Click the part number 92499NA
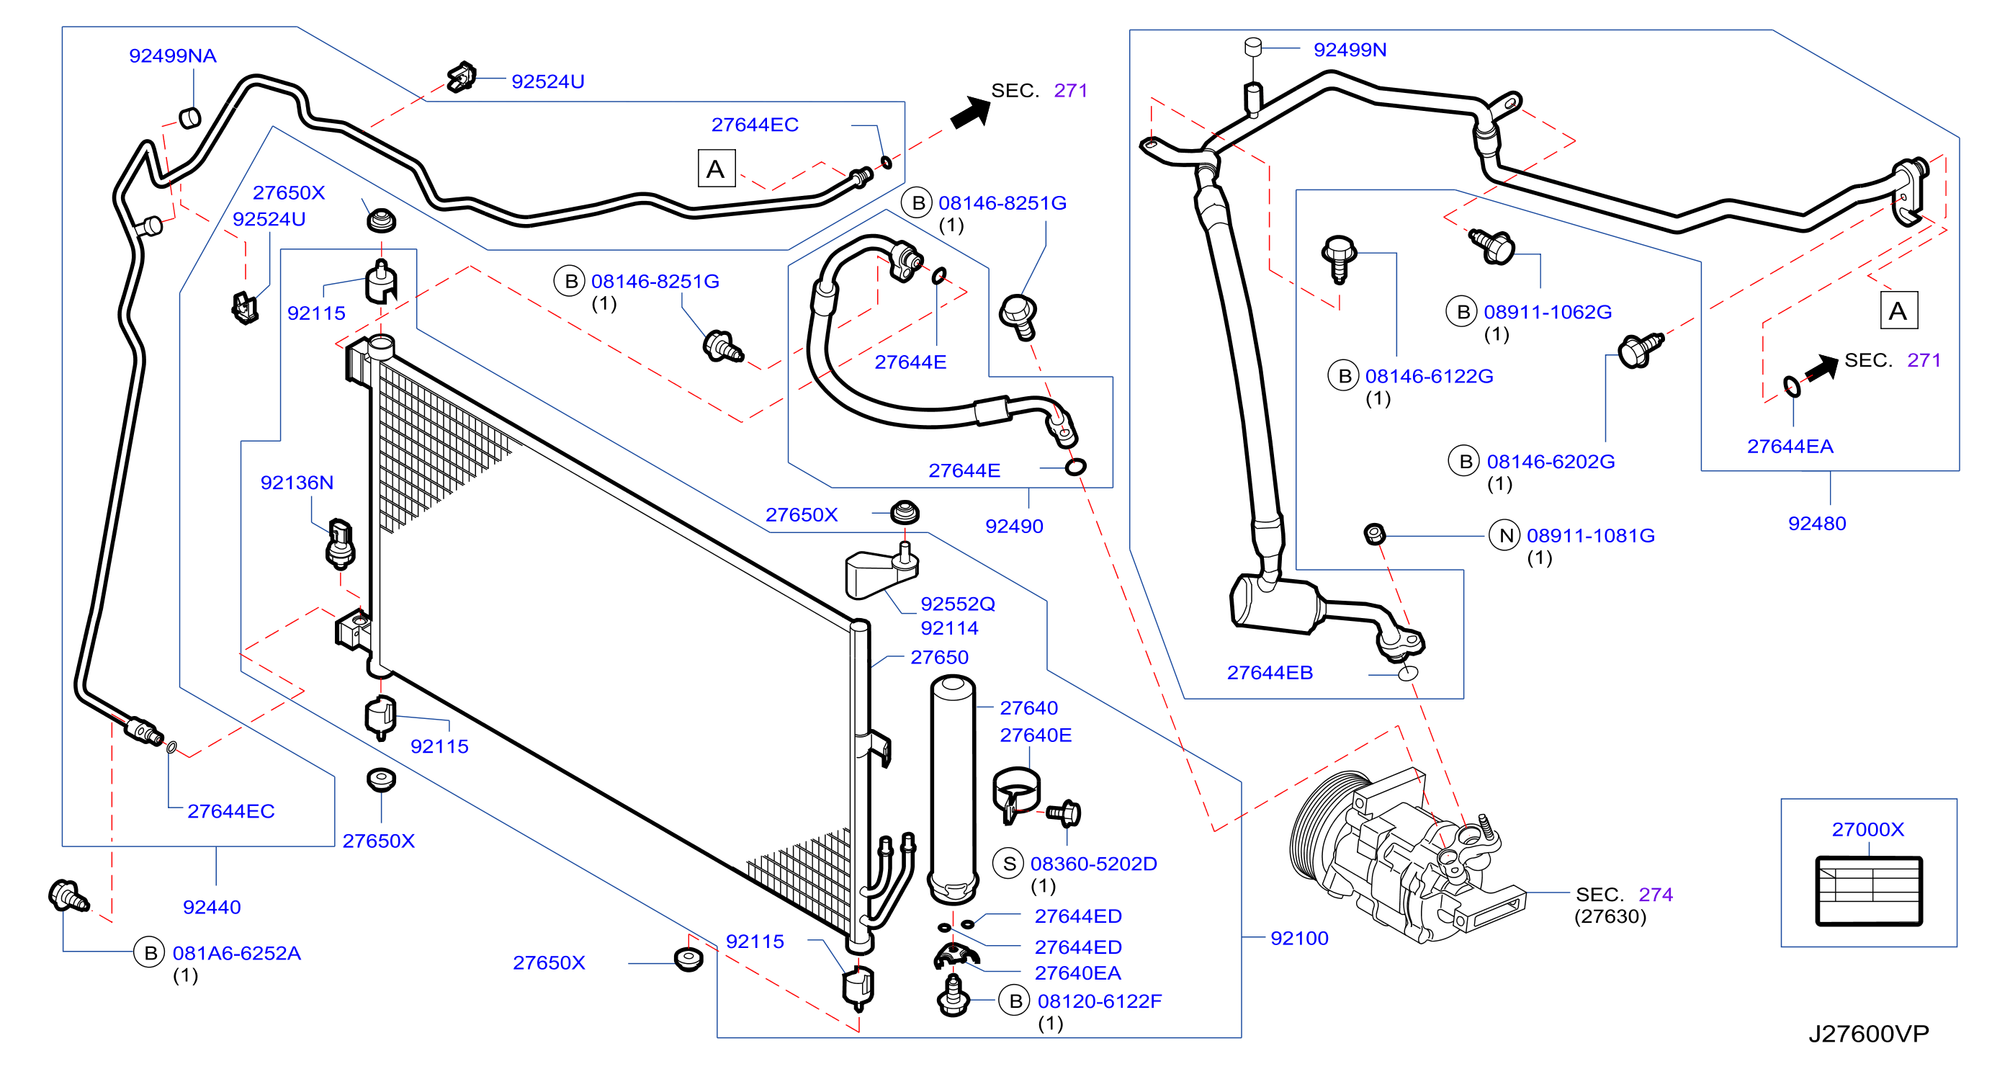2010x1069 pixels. (172, 55)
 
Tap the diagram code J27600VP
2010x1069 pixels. (1869, 1033)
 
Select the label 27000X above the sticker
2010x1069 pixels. (1868, 828)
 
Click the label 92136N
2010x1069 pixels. (297, 482)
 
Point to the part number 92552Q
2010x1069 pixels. (957, 603)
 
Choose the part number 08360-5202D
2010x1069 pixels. (1093, 863)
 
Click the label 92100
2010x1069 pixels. (1299, 938)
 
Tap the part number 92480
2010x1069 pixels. (1817, 523)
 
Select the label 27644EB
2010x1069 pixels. (1270, 672)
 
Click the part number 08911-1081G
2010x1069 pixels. (1590, 535)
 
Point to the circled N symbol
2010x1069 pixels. (1504, 535)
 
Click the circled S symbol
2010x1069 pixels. (1009, 863)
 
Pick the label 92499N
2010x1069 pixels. (1350, 49)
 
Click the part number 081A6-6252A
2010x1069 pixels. (236, 953)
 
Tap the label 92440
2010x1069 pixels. (212, 907)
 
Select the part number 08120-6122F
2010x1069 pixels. (1100, 1001)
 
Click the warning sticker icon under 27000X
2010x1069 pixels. (1869, 891)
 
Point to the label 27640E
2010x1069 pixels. (1036, 734)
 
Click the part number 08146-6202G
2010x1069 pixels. (1551, 461)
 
